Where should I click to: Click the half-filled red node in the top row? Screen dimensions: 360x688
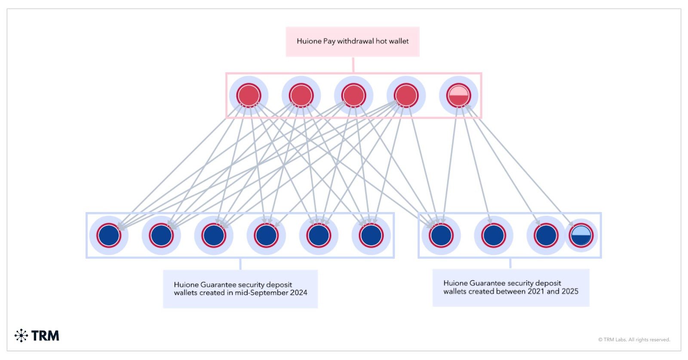tap(458, 95)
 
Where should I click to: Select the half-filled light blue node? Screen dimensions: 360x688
tap(581, 235)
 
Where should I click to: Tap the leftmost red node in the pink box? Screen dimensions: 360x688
tap(249, 95)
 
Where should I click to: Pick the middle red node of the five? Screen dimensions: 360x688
tap(353, 95)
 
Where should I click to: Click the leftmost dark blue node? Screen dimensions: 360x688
tap(109, 235)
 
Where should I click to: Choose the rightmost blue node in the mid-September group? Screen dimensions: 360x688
tap(371, 235)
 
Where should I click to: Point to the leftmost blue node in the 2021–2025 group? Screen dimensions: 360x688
tap(441, 235)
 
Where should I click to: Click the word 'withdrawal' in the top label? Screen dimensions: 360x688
tap(355, 41)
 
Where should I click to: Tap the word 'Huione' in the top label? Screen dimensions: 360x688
tap(309, 41)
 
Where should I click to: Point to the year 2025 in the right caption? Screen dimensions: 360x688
tap(570, 292)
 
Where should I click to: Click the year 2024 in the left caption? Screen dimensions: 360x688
tap(298, 293)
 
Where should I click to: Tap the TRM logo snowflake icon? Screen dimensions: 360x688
tap(21, 335)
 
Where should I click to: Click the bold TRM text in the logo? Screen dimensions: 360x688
tap(45, 335)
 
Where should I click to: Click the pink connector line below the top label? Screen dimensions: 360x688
tap(353, 65)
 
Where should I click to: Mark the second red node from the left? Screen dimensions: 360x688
tap(301, 95)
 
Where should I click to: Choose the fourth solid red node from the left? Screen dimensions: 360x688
tap(406, 95)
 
